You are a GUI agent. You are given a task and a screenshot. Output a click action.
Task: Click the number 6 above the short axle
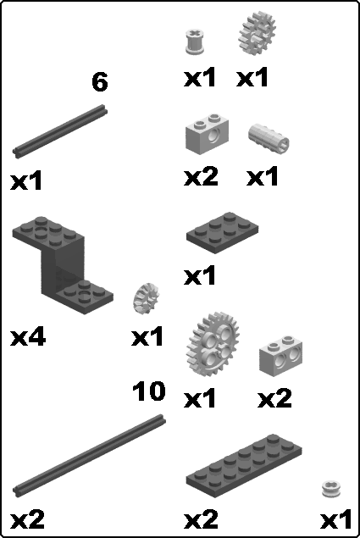99,81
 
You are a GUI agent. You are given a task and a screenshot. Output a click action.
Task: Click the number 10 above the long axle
149,391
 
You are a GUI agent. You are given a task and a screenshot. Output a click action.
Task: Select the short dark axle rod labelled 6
60,130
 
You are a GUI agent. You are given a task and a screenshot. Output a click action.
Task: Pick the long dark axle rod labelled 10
89,455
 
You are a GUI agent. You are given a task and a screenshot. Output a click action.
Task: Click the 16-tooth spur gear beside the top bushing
257,33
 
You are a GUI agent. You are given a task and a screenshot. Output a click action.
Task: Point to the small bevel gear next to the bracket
146,298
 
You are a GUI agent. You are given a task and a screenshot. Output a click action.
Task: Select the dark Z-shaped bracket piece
63,265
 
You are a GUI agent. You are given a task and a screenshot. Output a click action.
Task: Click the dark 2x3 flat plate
223,233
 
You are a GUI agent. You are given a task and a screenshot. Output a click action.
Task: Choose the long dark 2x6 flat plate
244,465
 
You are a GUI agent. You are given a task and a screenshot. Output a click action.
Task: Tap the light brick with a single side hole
208,134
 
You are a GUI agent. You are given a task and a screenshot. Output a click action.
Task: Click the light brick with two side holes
280,357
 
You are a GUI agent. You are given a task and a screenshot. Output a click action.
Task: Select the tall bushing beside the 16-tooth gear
195,42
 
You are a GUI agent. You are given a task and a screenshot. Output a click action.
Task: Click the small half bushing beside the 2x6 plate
331,489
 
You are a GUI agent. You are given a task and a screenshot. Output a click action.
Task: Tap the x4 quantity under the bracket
28,336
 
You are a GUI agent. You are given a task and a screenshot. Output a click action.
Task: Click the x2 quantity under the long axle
27,520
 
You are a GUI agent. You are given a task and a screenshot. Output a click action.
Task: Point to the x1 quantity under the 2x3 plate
200,275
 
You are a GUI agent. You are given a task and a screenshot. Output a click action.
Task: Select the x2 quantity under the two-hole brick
274,398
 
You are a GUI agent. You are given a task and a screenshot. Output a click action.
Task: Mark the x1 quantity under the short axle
26,180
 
